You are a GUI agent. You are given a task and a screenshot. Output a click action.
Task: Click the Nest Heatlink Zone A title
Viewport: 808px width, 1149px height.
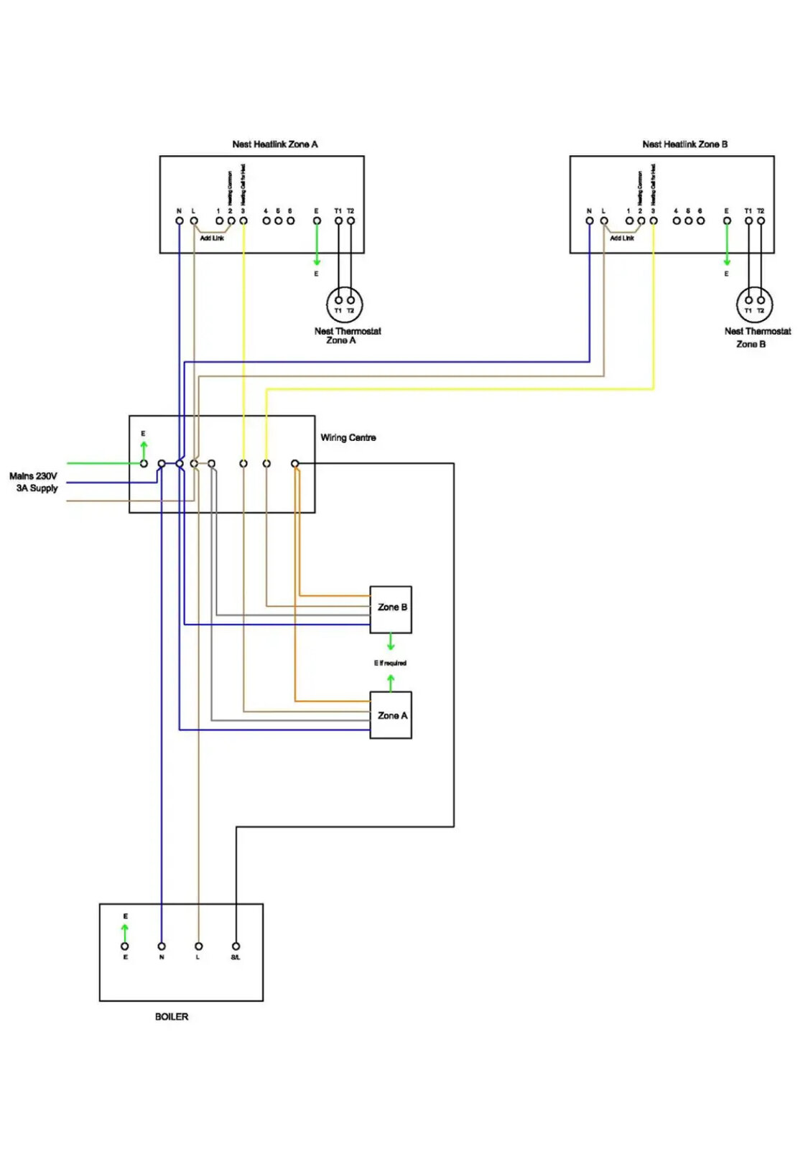point(274,144)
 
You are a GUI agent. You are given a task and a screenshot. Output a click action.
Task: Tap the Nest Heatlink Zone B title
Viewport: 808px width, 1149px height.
point(684,144)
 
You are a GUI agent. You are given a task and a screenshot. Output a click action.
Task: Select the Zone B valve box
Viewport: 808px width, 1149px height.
point(391,609)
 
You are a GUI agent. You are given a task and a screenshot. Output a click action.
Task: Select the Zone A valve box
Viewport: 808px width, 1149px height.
point(391,715)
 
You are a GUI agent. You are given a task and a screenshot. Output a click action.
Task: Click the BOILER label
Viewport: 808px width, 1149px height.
point(172,1016)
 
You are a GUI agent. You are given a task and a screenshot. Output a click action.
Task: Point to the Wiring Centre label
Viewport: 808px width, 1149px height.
point(348,437)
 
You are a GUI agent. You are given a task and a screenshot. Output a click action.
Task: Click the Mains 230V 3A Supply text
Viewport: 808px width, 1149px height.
point(34,482)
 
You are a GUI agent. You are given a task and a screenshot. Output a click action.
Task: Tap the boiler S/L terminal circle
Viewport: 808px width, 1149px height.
point(236,946)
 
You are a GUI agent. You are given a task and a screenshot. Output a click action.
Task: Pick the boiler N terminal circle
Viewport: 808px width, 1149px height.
point(162,946)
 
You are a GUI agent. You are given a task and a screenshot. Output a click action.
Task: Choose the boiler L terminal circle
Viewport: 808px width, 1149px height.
point(199,946)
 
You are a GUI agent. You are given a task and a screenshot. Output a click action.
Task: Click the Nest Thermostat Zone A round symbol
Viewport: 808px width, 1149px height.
point(344,304)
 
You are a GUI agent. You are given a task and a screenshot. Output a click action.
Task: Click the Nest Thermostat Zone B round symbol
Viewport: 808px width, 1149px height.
point(754,304)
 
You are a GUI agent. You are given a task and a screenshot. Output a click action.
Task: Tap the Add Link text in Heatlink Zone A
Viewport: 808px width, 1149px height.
point(212,238)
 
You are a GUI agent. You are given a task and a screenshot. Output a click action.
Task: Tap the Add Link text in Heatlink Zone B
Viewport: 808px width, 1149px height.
point(622,238)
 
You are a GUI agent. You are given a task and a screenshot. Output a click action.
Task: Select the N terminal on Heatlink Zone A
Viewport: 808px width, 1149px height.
point(180,220)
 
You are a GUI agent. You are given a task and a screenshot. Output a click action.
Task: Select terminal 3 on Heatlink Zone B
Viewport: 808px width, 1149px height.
point(654,220)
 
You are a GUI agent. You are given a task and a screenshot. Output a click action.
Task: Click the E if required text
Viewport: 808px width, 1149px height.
point(390,663)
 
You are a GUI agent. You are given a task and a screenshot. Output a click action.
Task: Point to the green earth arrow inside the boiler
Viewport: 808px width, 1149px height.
point(125,932)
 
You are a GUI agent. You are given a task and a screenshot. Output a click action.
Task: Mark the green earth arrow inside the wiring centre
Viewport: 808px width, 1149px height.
point(144,450)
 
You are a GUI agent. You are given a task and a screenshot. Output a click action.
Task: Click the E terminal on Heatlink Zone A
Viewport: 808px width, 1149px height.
point(317,220)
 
